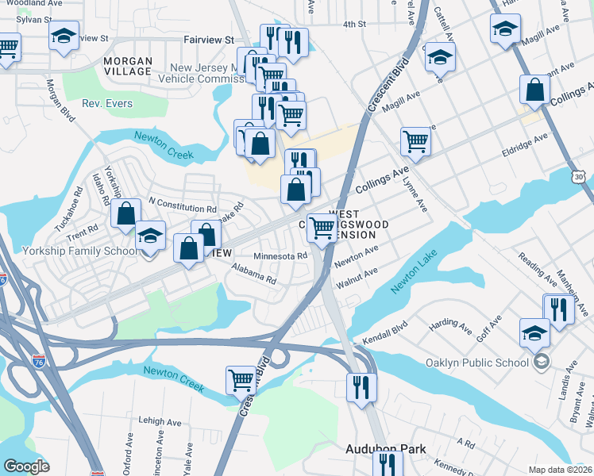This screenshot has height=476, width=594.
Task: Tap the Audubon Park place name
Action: [x=385, y=449]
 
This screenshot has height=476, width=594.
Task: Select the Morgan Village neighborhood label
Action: [x=127, y=66]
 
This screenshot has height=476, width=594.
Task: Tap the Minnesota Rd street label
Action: [x=280, y=256]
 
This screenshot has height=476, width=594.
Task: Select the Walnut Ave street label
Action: [x=357, y=278]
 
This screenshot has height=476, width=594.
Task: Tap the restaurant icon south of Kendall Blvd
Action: [x=361, y=387]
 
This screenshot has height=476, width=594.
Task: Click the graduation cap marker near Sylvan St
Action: [x=64, y=36]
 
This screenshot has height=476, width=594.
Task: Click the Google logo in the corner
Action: [x=27, y=466]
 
